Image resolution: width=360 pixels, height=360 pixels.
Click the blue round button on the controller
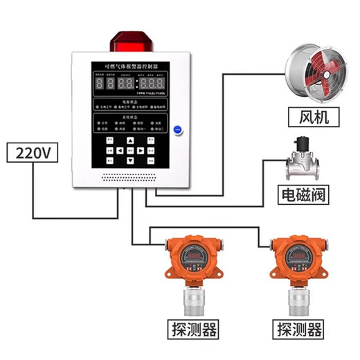[x=177, y=129]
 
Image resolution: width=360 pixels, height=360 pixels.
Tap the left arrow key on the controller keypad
[x=120, y=149]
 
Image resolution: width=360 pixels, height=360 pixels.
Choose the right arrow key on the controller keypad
[x=139, y=149]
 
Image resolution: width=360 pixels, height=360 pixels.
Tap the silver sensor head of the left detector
[x=192, y=298]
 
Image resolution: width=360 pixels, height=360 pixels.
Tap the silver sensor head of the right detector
[x=300, y=298]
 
